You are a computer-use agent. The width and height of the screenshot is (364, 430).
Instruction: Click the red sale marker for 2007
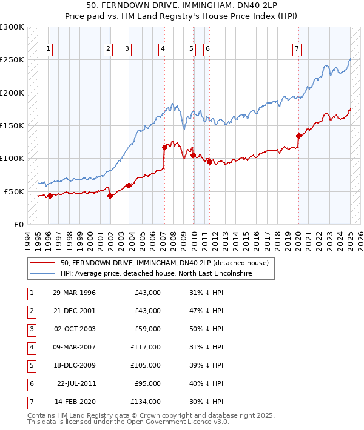[164, 147]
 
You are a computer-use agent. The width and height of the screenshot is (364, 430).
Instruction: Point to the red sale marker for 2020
[298, 136]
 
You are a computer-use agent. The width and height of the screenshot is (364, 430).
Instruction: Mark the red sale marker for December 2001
[110, 196]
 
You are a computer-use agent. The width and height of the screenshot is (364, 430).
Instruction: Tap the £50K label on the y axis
[14, 191]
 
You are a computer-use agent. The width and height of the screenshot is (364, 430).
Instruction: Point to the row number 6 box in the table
[30, 383]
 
